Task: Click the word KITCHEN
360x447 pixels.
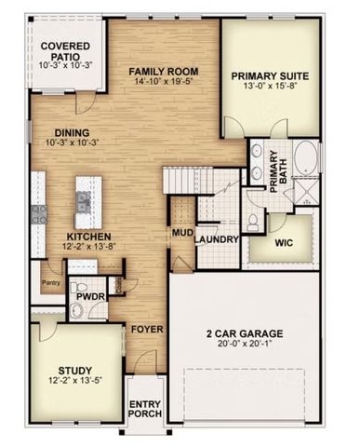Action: [89, 237]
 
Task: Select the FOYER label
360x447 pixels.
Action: [146, 330]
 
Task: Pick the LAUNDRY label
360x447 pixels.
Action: [217, 238]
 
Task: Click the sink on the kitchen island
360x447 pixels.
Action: [85, 198]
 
